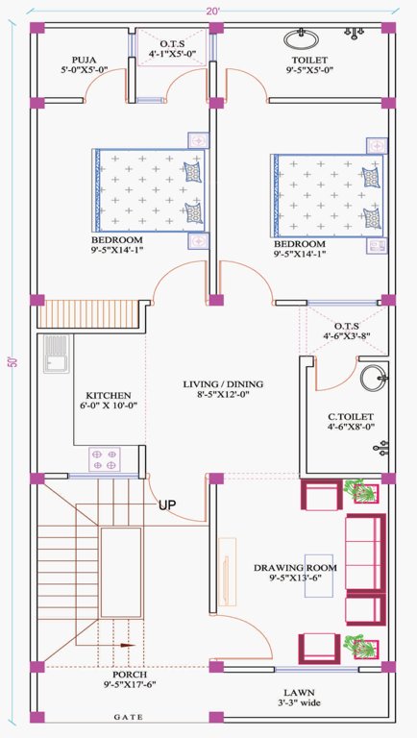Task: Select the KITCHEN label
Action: coord(109,395)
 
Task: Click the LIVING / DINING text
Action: coord(223,384)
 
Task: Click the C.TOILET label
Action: coord(350,417)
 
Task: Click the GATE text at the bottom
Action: coord(129,717)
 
